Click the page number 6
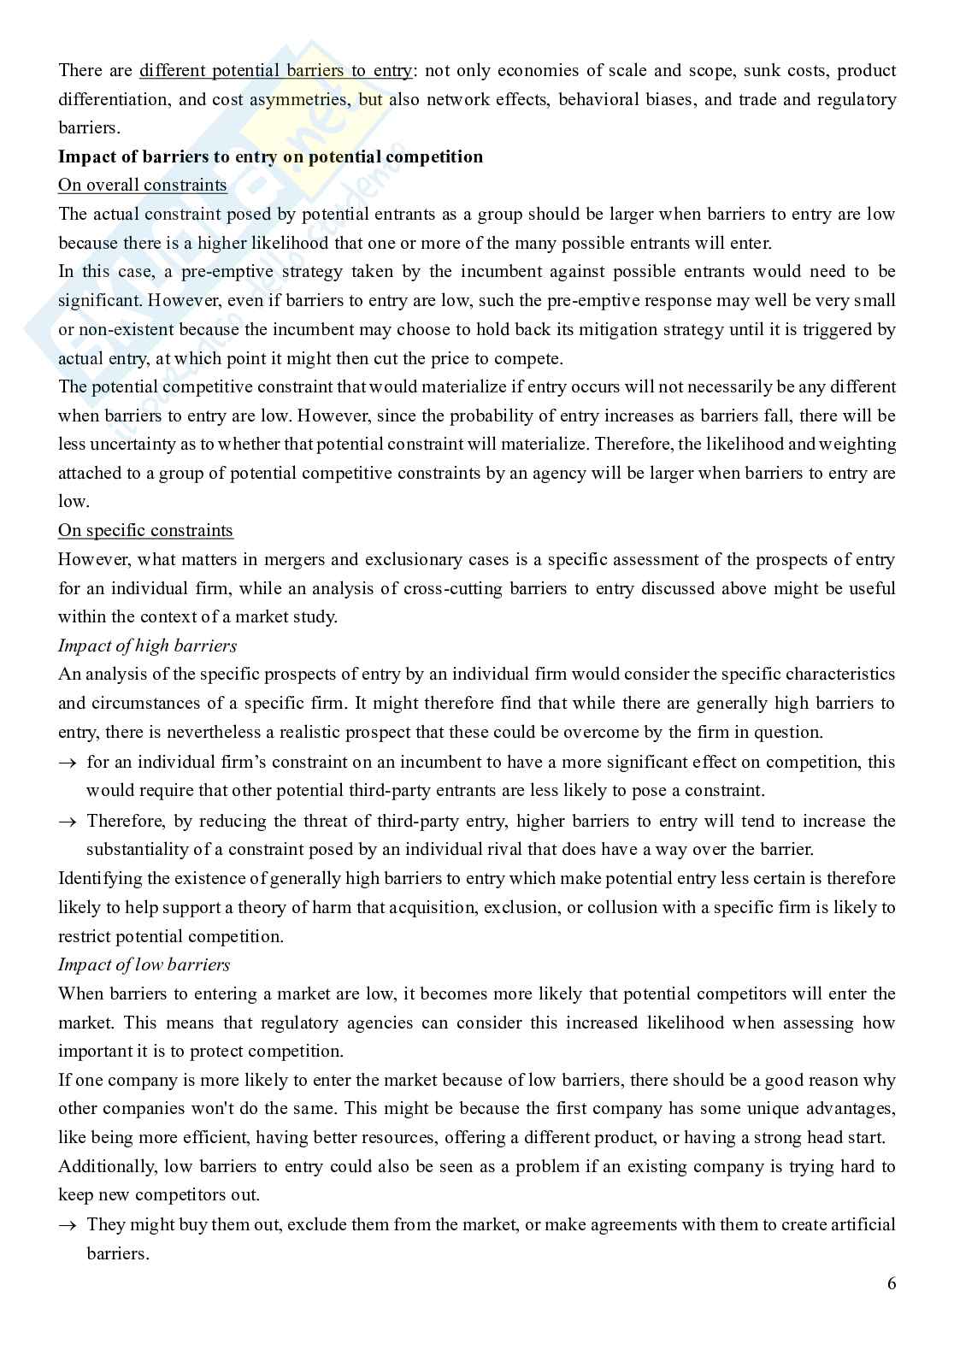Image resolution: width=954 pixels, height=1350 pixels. pyautogui.click(x=892, y=1283)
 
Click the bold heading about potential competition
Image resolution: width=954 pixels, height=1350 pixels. pyautogui.click(x=270, y=156)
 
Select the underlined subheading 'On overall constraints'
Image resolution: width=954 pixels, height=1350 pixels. pyautogui.click(x=143, y=186)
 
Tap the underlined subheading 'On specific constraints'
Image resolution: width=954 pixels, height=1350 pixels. pyautogui.click(x=145, y=531)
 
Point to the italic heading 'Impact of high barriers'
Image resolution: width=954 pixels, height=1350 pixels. pyautogui.click(x=147, y=646)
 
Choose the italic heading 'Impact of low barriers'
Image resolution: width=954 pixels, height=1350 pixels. pyautogui.click(x=144, y=965)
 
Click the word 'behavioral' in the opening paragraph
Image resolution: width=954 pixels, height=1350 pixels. pyautogui.click(x=598, y=99)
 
